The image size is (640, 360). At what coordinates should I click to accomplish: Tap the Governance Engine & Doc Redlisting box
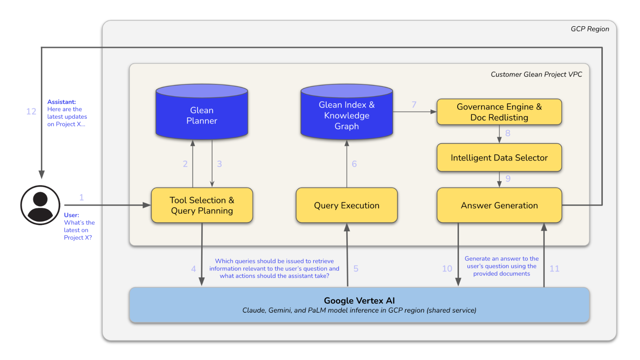(499, 112)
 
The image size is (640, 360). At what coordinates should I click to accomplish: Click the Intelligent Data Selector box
(499, 157)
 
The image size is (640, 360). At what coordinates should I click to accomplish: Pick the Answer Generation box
(499, 205)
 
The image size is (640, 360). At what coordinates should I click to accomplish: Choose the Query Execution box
(346, 205)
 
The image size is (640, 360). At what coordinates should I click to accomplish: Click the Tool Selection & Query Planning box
(202, 205)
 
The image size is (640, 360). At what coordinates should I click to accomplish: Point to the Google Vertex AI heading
(359, 300)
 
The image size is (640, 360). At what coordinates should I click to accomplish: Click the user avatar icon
(40, 205)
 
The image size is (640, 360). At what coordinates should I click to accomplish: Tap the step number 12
(31, 111)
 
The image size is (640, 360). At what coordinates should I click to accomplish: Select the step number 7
(414, 105)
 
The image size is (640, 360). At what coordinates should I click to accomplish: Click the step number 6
(354, 164)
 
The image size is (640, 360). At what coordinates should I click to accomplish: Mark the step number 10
(447, 268)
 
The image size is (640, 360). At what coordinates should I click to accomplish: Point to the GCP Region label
(590, 29)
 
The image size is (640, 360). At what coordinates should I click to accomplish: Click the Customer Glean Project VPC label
(536, 74)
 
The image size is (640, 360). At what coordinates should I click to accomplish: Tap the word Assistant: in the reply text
(61, 102)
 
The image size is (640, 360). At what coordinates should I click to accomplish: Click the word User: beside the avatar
(71, 215)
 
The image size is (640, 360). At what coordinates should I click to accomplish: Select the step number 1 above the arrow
(82, 197)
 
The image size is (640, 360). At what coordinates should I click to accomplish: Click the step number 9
(508, 179)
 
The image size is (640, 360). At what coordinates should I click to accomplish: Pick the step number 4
(193, 268)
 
